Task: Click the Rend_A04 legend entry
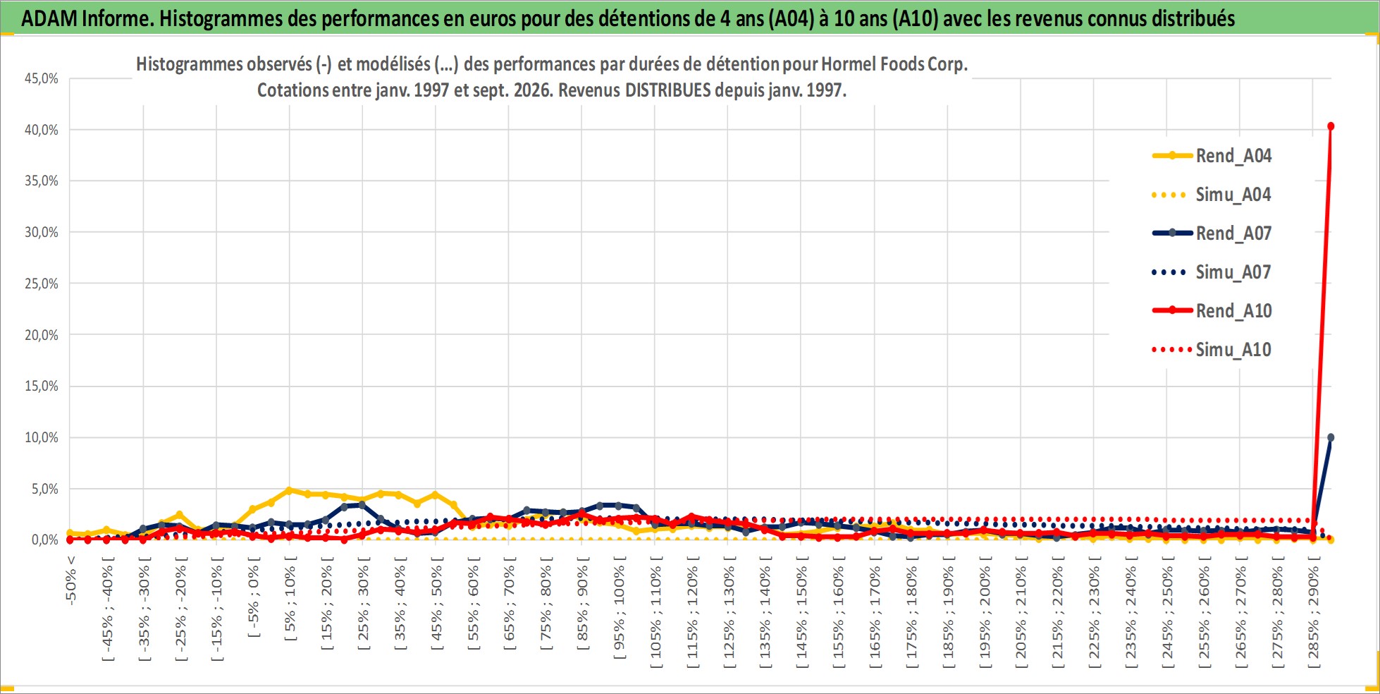1212,156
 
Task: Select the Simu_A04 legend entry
1212,195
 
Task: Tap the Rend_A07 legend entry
1212,233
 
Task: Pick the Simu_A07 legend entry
1212,272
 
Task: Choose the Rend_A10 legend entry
1212,311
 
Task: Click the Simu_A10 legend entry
1212,350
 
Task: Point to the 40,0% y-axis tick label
42,130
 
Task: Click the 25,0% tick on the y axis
42,284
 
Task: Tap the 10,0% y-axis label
42,437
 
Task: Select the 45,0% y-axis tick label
42,78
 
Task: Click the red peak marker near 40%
1331,126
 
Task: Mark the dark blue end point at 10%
1331,438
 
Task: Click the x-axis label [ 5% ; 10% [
290,598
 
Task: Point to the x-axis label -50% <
70,580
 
